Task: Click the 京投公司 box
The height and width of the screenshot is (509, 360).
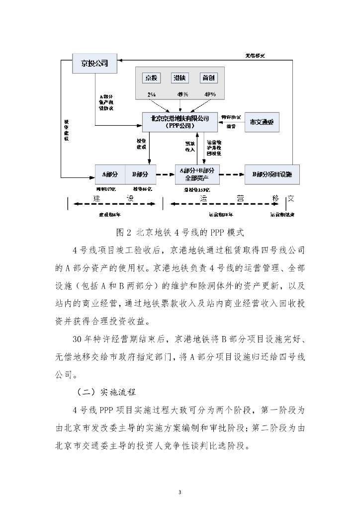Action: point(94,63)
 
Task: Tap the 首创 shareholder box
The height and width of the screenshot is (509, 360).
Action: point(209,78)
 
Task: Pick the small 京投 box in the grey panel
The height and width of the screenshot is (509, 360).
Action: point(151,78)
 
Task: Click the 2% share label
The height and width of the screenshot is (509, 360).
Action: point(151,94)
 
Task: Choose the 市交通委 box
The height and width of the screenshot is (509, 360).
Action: point(262,122)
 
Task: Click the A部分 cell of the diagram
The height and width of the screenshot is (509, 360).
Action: point(110,174)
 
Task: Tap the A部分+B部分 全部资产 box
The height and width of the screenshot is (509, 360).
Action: point(197,174)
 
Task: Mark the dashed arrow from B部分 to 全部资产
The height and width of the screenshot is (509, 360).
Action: point(165,174)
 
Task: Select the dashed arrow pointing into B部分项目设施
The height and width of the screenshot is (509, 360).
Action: point(232,174)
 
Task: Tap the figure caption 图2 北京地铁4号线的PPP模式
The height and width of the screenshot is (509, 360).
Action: point(180,232)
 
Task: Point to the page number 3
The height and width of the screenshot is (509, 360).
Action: point(180,478)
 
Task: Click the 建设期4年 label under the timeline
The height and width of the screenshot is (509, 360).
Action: point(109,215)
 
